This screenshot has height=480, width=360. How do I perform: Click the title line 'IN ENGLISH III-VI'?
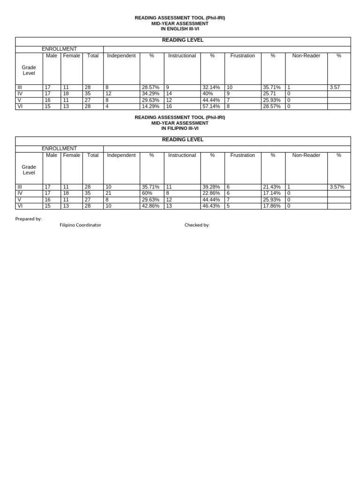click(180, 29)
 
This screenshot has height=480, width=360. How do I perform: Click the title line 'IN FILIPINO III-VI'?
click(180, 128)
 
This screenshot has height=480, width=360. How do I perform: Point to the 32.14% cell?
click(211, 88)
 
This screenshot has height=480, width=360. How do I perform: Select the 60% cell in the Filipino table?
click(147, 193)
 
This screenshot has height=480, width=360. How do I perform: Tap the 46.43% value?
click(211, 206)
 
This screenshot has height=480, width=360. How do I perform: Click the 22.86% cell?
click(211, 193)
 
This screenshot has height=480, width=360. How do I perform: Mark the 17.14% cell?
click(272, 193)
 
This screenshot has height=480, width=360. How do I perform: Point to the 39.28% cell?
click(211, 187)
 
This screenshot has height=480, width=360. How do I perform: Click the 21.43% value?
click(272, 187)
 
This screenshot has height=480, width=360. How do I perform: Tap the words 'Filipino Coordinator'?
click(80, 225)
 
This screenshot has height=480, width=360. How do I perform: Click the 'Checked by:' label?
click(197, 225)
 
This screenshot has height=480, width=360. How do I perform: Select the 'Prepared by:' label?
click(29, 219)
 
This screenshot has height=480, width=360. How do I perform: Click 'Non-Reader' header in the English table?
click(306, 56)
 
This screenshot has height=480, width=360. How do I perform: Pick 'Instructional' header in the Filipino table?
click(182, 155)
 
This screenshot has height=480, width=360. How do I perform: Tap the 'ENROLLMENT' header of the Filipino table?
click(59, 149)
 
